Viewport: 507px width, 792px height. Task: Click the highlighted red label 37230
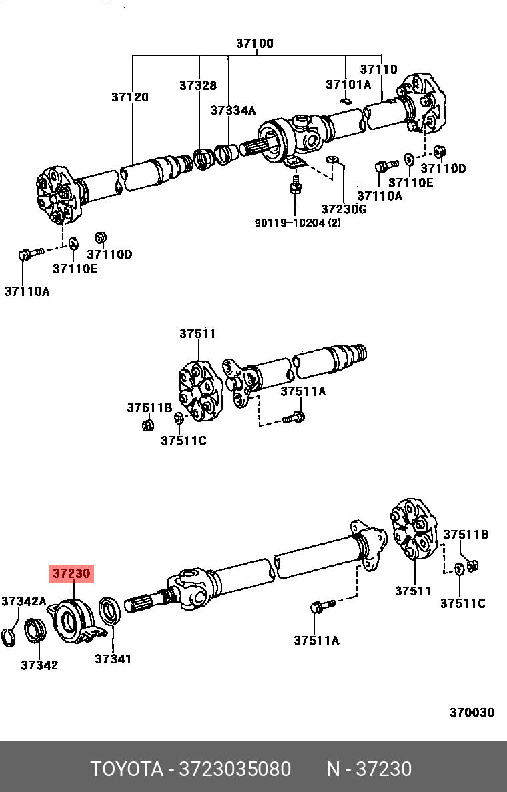(x=72, y=573)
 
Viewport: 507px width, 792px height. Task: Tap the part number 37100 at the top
(x=254, y=44)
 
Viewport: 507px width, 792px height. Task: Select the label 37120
(x=129, y=97)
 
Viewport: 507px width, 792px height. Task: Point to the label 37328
(x=197, y=85)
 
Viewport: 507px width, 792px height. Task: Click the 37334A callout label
(x=233, y=111)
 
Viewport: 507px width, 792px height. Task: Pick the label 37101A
(x=348, y=85)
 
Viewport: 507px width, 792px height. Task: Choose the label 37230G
(x=344, y=209)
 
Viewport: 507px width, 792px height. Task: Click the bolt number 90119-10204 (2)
(x=298, y=223)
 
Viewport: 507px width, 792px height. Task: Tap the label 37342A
(x=23, y=601)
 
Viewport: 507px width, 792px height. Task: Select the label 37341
(x=113, y=659)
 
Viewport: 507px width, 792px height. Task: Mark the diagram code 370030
(x=472, y=712)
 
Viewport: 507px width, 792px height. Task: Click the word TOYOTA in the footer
(x=127, y=769)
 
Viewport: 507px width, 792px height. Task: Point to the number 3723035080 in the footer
(x=234, y=769)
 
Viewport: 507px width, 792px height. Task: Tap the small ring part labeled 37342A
(x=9, y=636)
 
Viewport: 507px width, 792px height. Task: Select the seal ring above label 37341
(x=109, y=611)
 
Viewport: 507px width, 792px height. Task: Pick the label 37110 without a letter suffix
(x=378, y=69)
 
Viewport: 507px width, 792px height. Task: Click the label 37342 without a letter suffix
(x=39, y=665)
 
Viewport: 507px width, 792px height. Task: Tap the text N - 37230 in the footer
(x=368, y=769)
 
